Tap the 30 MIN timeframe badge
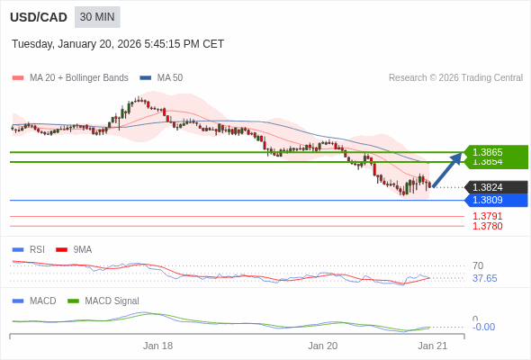[97, 17]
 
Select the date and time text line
[118, 44]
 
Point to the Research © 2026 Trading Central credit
[455, 77]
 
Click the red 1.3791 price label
[487, 216]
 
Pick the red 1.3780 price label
[487, 226]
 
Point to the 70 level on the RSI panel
[478, 265]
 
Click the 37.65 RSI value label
[484, 278]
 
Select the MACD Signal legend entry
[112, 301]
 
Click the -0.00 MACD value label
[483, 327]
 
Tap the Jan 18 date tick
[157, 346]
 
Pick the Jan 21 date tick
[432, 346]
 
